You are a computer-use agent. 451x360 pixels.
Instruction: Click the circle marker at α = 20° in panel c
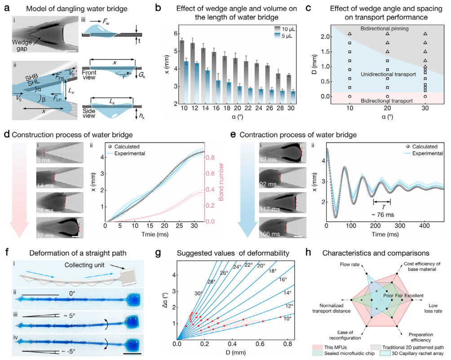pos(387,96)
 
